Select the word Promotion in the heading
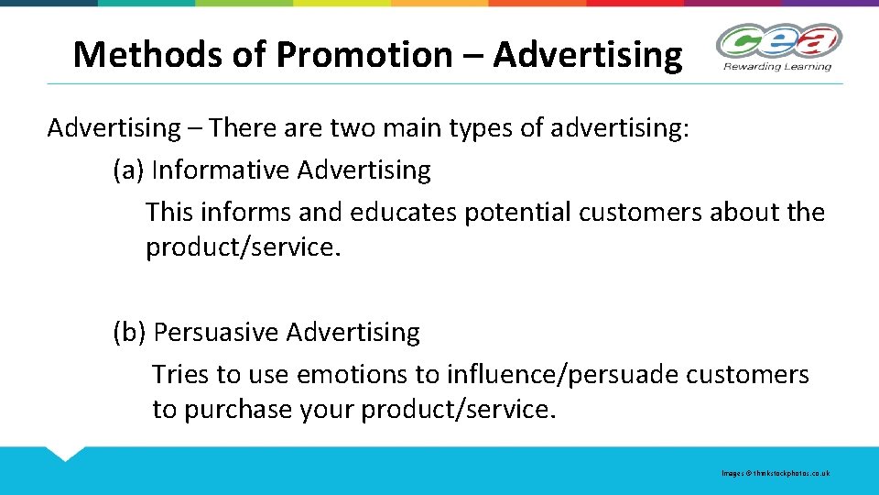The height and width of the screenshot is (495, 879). pyautogui.click(x=364, y=55)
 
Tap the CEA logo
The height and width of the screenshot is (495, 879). pyautogui.click(x=778, y=41)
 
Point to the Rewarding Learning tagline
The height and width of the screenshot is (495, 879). pyautogui.click(x=777, y=66)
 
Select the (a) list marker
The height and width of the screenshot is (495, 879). pyautogui.click(x=129, y=170)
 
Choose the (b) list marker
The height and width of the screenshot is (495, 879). pyautogui.click(x=130, y=332)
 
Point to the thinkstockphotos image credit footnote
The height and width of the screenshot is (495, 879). pyautogui.click(x=776, y=473)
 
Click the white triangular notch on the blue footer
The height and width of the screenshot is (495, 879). pyautogui.click(x=64, y=452)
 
